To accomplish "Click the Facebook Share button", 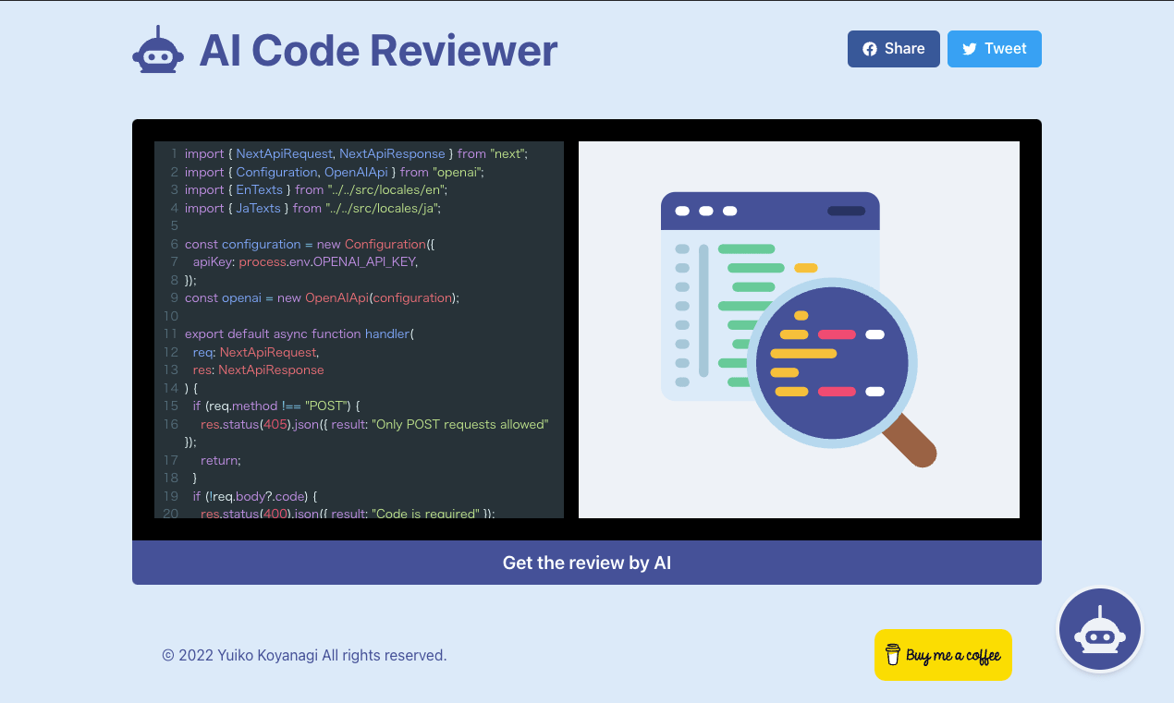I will tap(893, 49).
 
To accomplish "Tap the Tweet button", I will tap(994, 49).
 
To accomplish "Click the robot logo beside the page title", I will tap(158, 50).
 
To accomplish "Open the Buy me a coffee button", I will tap(943, 655).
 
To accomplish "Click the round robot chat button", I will tap(1099, 631).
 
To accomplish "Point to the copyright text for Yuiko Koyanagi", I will tap(304, 655).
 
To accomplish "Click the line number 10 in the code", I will tap(170, 316).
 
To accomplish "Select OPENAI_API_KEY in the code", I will tap(364, 261).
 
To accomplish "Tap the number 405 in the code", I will tap(275, 424).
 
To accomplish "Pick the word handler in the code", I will tap(387, 333).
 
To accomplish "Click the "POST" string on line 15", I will tap(326, 406).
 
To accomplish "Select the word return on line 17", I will tap(220, 460).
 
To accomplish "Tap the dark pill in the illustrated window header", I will tap(846, 211).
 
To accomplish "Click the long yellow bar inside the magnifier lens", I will tap(803, 353).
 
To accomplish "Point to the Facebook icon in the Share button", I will tap(870, 49).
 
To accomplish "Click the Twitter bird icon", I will tap(970, 49).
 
